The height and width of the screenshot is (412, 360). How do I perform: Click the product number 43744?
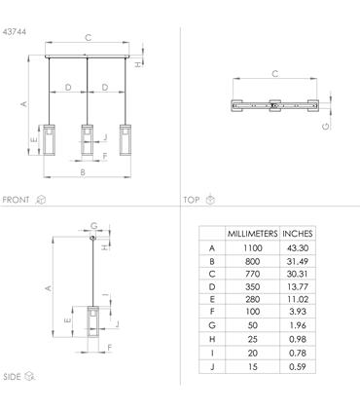[15, 32]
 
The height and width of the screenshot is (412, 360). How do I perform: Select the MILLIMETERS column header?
[252, 234]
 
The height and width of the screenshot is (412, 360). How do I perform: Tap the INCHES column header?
[298, 234]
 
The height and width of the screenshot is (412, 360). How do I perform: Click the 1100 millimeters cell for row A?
[252, 248]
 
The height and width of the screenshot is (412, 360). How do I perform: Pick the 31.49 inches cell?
[298, 261]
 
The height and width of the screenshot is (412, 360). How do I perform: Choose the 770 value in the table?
[252, 274]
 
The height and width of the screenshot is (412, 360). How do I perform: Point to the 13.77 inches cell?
[298, 286]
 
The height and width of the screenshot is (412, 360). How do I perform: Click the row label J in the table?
[212, 367]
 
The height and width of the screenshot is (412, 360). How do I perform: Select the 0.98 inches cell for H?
[298, 339]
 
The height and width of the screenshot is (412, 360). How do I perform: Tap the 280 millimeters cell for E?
[252, 299]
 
